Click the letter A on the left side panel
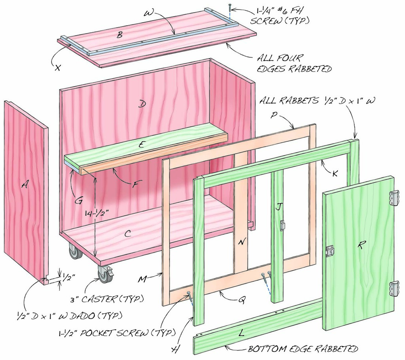coord(25,184)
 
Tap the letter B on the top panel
coord(119,35)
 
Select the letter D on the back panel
coord(141,104)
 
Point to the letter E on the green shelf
coord(141,144)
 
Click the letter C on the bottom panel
coord(127,234)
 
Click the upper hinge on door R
coord(394,198)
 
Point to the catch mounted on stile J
coord(282,225)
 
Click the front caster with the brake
coord(106,274)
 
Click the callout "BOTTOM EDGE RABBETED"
coord(303,349)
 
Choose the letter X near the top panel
coord(57,67)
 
